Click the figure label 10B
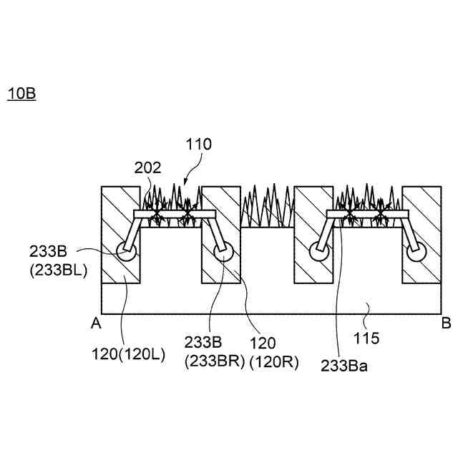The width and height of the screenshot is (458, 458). coord(21,94)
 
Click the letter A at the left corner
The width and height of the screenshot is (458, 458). coord(94,323)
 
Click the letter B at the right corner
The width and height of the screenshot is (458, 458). coord(444,323)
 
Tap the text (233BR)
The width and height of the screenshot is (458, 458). coord(214,361)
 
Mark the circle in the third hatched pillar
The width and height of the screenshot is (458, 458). coord(317,251)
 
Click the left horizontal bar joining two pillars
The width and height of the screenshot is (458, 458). coord(175,215)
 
